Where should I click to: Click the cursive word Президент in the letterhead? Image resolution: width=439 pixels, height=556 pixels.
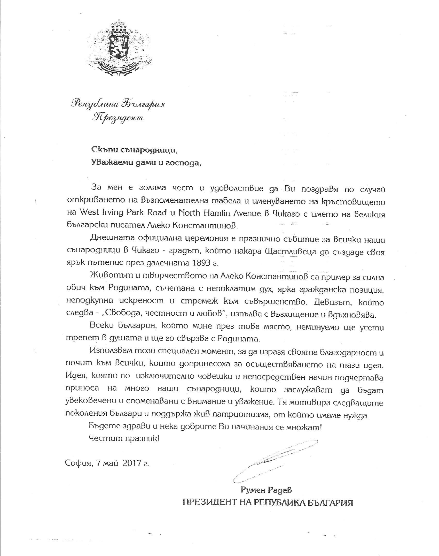click(x=119, y=118)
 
